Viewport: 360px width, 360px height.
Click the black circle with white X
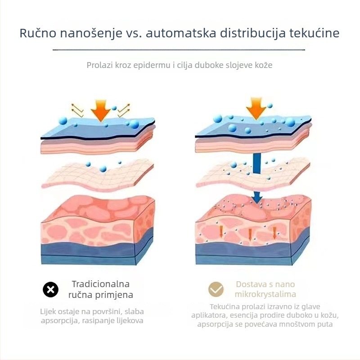point(50,289)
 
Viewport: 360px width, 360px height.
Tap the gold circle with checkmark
point(216,289)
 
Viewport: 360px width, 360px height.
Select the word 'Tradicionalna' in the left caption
point(101,284)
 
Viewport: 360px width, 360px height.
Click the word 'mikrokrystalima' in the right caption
point(265,294)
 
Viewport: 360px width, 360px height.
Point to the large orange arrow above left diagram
point(100,110)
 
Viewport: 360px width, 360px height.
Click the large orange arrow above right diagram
point(256,108)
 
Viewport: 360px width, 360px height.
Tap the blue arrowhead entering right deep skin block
point(257,198)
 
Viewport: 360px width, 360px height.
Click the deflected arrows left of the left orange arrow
point(77,110)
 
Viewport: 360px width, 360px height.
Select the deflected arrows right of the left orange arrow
point(124,110)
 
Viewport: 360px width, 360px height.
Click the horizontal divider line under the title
point(179,49)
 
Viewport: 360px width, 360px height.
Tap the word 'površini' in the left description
point(106,312)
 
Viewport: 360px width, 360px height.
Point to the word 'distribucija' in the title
point(252,33)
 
